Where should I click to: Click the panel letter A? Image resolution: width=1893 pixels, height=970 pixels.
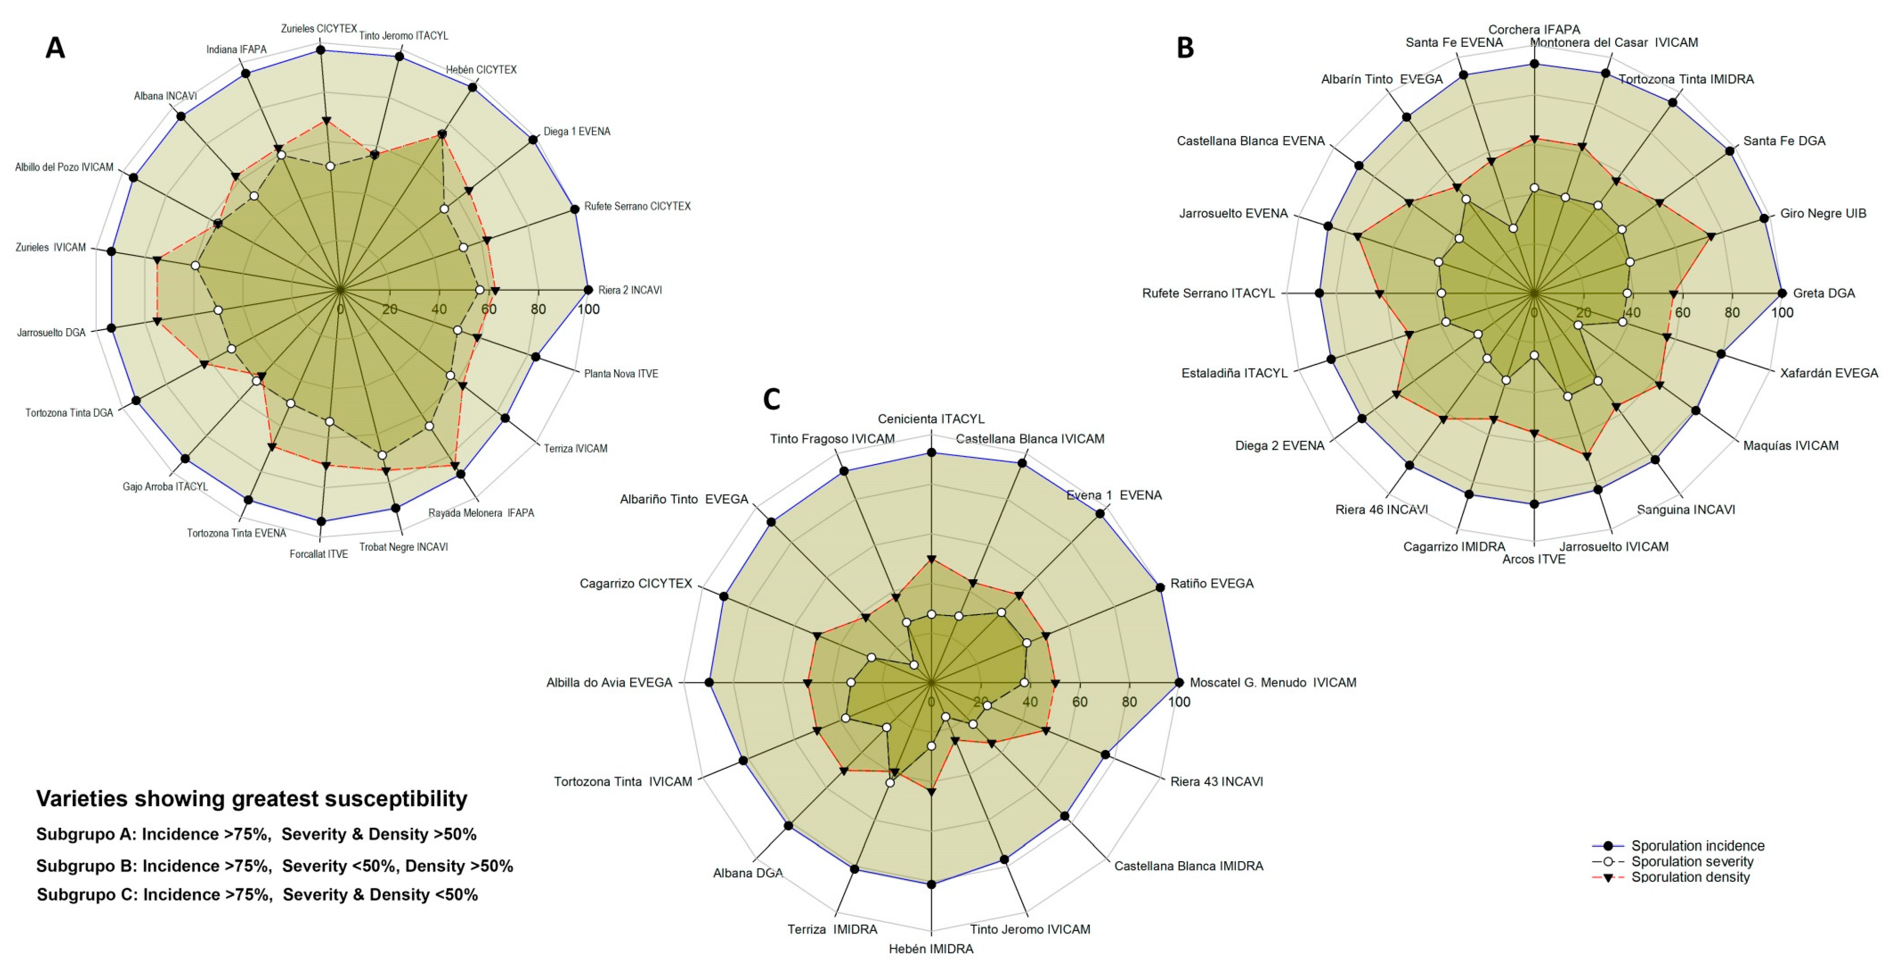tap(55, 48)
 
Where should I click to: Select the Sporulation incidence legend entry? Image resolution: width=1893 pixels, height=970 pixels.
tap(1697, 846)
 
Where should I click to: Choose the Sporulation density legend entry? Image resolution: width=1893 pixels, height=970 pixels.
tap(1690, 877)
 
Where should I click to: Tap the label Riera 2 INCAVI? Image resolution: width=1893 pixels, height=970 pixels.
tap(630, 290)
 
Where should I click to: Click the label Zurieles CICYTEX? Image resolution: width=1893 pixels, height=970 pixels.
tap(319, 29)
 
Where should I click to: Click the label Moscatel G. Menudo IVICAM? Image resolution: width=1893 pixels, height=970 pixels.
tap(1273, 682)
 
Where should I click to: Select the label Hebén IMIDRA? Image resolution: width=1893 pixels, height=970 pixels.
tap(931, 949)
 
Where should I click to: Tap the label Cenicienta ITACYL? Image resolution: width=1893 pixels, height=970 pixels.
tap(931, 419)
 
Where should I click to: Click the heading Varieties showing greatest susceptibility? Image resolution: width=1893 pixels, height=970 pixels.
tap(251, 799)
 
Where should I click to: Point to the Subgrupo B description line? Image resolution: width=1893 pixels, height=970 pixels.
tap(275, 866)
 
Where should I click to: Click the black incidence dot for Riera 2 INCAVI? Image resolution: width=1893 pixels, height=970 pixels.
tap(588, 290)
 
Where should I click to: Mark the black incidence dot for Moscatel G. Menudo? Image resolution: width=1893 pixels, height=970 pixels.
tap(1179, 682)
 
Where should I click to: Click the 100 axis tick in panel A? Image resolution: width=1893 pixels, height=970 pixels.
tap(588, 309)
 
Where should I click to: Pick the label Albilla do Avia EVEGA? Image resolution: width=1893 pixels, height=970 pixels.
tap(609, 682)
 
